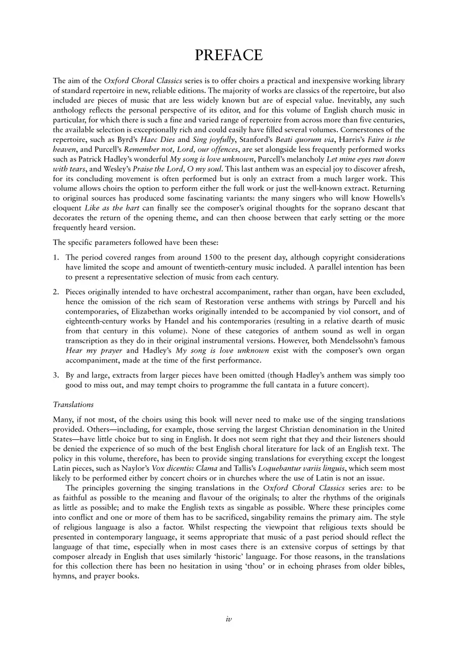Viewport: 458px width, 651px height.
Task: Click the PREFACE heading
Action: point(228,55)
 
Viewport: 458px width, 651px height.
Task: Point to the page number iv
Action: point(229,618)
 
